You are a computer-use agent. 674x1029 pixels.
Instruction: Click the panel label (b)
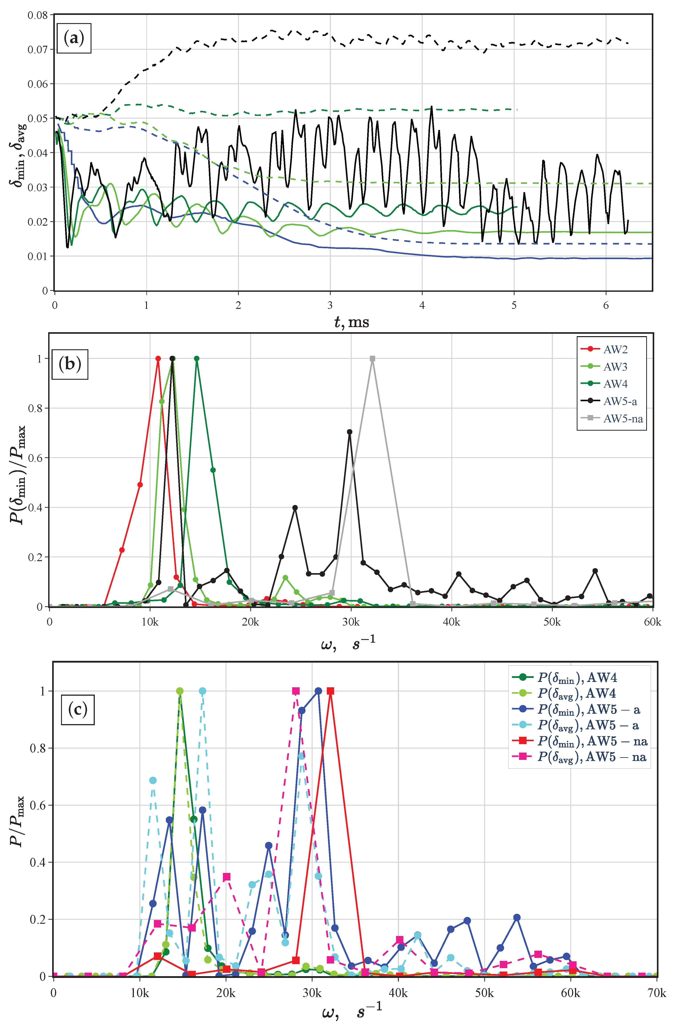tap(70, 364)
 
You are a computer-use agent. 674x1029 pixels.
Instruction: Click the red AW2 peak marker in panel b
tap(158, 358)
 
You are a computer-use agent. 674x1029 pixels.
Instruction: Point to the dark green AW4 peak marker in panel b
tap(197, 358)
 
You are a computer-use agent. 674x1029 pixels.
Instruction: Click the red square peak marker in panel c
tap(330, 691)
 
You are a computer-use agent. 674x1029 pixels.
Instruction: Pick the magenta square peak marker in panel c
tap(296, 691)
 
